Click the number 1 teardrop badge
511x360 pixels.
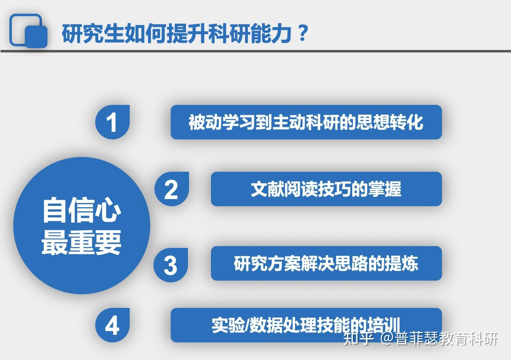112,122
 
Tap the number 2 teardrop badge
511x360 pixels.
172,189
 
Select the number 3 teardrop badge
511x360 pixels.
171,265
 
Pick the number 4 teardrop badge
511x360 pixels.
112,325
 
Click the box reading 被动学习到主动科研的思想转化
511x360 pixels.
306,122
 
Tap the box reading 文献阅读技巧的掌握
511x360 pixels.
326,189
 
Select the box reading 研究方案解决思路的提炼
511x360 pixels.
326,263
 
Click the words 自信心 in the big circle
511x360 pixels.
82,210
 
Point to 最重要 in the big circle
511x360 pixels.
82,242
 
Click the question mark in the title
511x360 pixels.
303,33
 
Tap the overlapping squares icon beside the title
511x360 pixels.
28,31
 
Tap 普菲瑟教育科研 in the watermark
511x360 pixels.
447,338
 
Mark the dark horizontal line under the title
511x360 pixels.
255,51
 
